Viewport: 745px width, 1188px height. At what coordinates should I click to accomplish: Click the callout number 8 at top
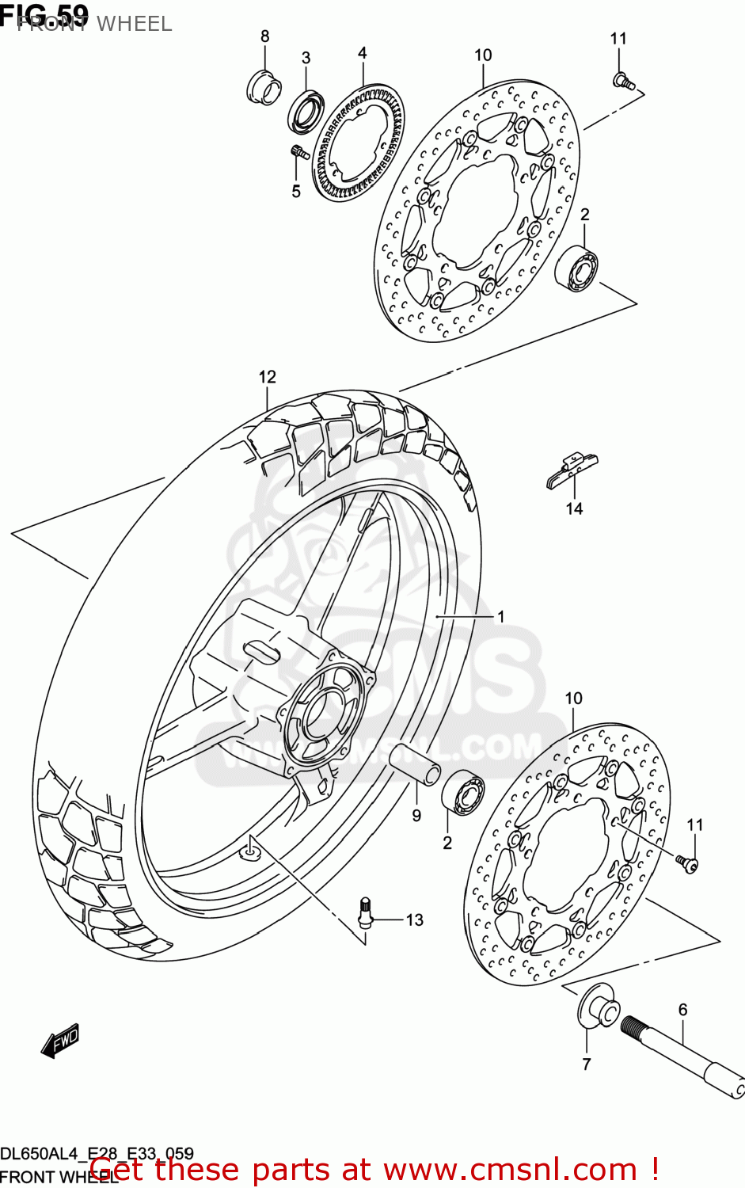(264, 36)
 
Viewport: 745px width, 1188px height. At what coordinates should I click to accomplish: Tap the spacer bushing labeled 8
(264, 87)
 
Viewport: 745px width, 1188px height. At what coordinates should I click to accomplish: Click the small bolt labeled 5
(298, 151)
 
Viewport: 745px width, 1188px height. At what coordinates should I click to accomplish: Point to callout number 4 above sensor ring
(362, 53)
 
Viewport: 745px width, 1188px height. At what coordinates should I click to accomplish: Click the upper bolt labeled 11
(623, 80)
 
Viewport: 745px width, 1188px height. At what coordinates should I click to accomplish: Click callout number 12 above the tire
(267, 377)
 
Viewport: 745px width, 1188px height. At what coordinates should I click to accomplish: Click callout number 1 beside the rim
(500, 616)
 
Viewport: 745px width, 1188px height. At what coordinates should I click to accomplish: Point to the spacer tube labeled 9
(414, 763)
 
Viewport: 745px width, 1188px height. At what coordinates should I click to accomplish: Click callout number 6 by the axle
(682, 1009)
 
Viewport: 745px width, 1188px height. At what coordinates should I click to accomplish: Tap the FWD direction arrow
(61, 1041)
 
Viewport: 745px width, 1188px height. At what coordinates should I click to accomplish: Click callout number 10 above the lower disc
(573, 698)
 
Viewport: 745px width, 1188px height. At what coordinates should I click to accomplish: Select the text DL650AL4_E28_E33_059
(97, 1153)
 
